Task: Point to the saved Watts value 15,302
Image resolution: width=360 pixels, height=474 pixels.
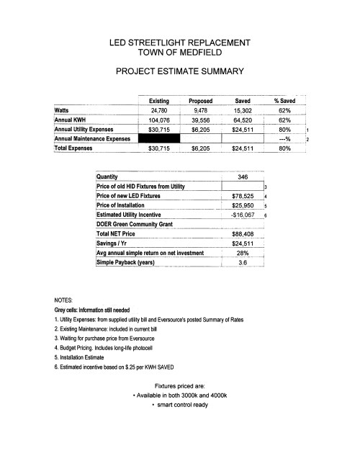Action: point(243,111)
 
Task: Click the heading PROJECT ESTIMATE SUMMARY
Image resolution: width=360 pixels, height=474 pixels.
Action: point(180,72)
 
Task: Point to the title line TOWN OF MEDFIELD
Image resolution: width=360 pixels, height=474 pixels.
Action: point(180,53)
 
